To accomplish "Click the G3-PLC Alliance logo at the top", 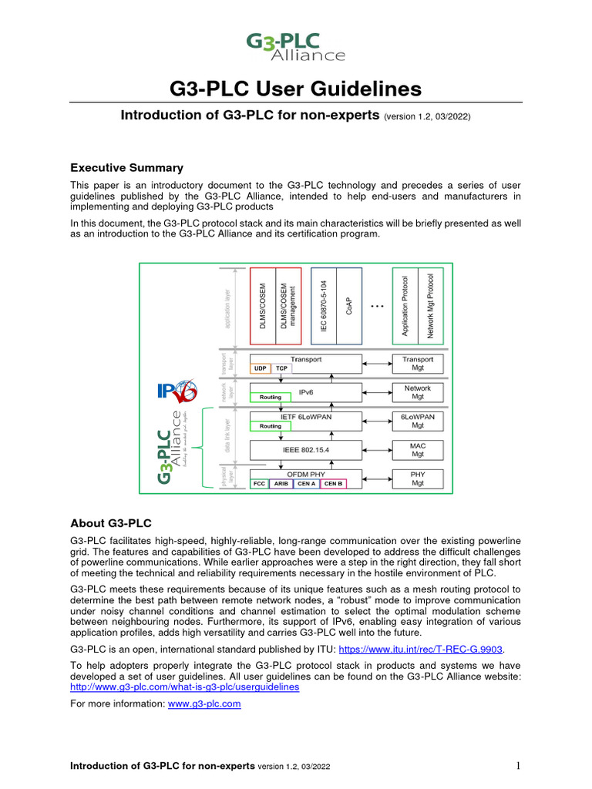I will [295, 45].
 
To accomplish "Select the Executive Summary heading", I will [126, 167].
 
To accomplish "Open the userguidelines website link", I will [184, 686].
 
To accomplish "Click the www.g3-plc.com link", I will [204, 703].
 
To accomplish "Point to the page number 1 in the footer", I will [519, 766].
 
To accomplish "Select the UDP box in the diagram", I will [260, 368].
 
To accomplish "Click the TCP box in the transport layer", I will [281, 368].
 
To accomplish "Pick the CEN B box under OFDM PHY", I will [333, 484].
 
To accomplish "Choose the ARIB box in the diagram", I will [281, 484].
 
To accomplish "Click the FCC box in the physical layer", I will [259, 484].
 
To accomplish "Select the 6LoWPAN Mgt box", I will [418, 420].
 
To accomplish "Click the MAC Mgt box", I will [418, 449].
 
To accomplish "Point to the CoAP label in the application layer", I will [349, 305].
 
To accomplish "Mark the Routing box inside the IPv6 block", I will [271, 398].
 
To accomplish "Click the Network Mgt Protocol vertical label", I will [431, 305].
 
